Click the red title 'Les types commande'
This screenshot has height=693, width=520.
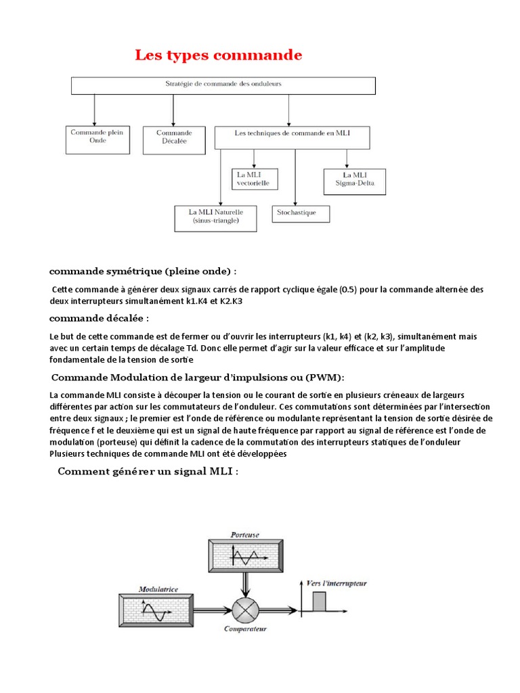(x=218, y=55)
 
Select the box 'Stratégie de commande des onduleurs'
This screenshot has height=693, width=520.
(x=223, y=85)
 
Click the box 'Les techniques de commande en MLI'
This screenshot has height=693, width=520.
(x=292, y=137)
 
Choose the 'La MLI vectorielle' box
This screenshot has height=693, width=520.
(x=254, y=179)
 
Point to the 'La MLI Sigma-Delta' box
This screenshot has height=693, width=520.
(x=354, y=181)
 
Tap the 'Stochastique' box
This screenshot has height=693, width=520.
(x=302, y=213)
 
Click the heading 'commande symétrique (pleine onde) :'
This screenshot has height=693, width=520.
(x=143, y=271)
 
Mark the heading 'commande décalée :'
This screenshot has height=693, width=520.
(x=99, y=318)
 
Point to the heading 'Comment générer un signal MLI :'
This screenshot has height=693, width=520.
(x=148, y=471)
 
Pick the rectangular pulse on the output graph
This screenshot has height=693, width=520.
(x=318, y=601)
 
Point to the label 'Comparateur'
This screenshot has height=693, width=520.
(x=246, y=629)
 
